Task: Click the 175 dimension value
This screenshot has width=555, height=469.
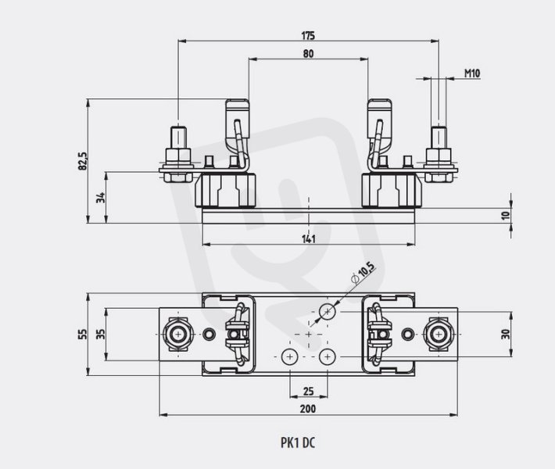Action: tap(308, 36)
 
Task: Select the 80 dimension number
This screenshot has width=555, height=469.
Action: tap(308, 54)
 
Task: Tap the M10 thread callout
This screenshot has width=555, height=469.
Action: tap(472, 73)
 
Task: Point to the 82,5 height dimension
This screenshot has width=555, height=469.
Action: tap(82, 161)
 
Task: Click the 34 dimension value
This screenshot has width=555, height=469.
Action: tap(102, 198)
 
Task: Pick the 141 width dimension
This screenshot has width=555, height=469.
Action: tap(308, 239)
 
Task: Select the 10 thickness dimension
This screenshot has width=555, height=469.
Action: tap(507, 215)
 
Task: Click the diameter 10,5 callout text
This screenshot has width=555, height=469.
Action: tap(363, 274)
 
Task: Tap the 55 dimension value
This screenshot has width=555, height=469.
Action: tap(82, 334)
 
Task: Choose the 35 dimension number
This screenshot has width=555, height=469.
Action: tap(102, 334)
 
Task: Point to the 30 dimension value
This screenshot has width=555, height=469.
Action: tap(507, 334)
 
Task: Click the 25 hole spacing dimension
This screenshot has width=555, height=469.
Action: tap(308, 391)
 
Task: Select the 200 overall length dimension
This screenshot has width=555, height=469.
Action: tap(308, 409)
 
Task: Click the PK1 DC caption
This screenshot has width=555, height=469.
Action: tap(298, 442)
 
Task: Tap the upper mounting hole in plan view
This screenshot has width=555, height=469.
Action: tap(328, 311)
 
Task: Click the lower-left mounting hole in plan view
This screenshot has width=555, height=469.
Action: tap(289, 356)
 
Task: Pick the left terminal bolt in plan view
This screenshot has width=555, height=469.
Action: tap(178, 334)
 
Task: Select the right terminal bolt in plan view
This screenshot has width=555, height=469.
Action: tap(439, 334)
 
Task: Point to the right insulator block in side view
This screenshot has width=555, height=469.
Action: tap(392, 190)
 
